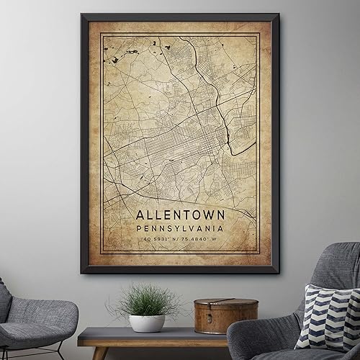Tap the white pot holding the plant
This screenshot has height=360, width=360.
[x=147, y=323]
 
